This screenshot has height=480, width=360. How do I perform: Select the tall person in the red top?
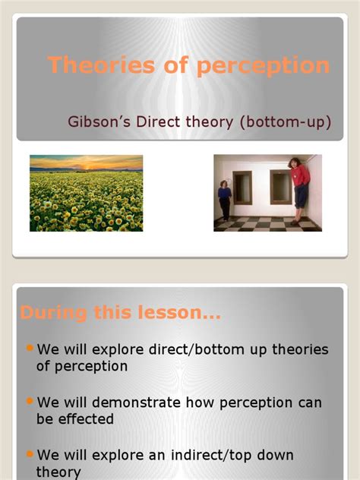point(298,188)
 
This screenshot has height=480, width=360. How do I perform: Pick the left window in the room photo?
point(243,187)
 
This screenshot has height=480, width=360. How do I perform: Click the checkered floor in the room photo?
point(258,223)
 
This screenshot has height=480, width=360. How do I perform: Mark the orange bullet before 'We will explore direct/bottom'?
point(30,348)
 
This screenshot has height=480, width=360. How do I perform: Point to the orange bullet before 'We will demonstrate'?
point(30,400)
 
